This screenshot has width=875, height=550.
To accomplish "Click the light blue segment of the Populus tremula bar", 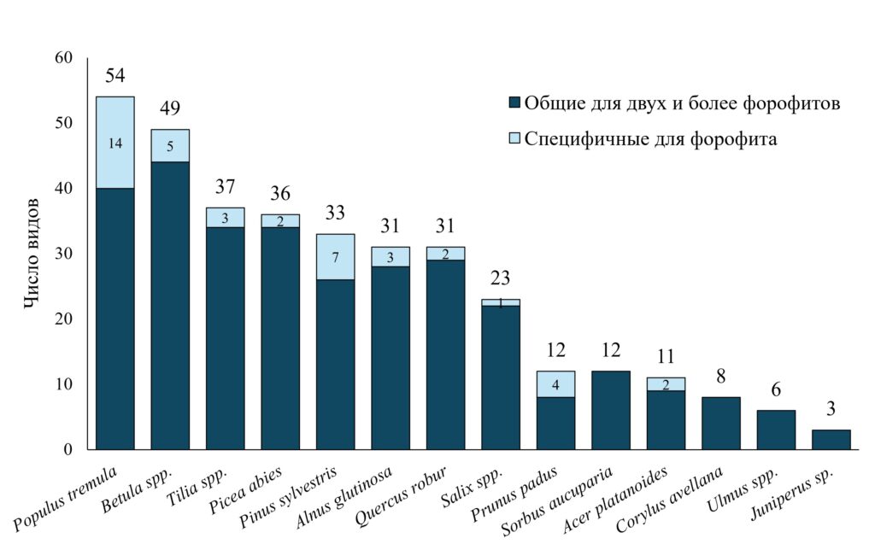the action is point(115,143).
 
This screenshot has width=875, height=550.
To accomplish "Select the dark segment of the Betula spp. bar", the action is point(170,306).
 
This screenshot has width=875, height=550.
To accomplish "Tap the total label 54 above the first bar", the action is point(115,75).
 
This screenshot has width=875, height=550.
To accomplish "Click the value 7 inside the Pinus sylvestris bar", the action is point(335,257).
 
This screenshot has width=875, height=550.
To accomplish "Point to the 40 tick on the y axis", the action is point(63,189).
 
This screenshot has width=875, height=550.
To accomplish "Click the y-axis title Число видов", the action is point(32,253).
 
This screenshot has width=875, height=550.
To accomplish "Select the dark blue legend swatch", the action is point(514,102).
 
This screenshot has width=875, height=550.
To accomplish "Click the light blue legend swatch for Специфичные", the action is point(514,137).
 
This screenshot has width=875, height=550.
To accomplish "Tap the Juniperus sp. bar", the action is point(831,440).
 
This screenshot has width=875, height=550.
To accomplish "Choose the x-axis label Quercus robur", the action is point(401,496).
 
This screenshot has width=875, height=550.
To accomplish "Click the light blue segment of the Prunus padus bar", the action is point(555,384).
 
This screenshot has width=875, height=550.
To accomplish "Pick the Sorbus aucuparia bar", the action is point(610,410).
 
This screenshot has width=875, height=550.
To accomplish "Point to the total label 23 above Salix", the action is point(500,278).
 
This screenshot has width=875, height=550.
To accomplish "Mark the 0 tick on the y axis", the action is point(68,449).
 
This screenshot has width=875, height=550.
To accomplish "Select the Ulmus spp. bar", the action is point(776,430).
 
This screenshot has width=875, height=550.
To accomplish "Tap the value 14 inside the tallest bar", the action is point(115,143).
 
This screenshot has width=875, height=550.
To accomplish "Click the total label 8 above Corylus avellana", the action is point(721,377).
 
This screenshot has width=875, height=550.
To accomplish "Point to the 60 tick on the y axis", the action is point(63,58).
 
